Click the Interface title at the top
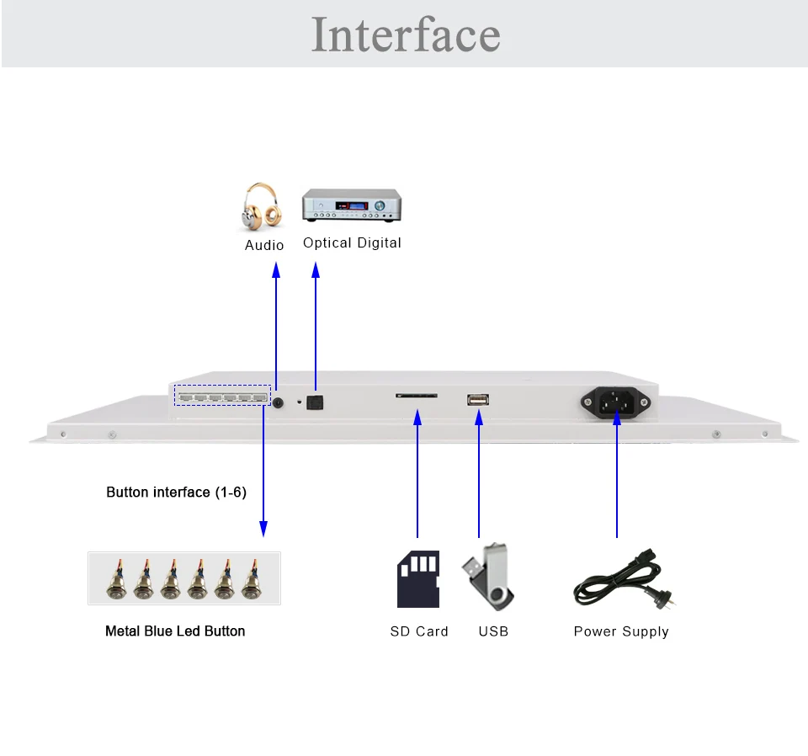tap(406, 35)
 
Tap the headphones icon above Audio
tap(263, 206)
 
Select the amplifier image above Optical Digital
tap(352, 205)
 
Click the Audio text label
tap(263, 245)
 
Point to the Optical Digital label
tap(352, 242)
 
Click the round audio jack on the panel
tap(279, 403)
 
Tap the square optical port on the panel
tap(315, 402)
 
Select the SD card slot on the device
tap(417, 396)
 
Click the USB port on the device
tap(478, 399)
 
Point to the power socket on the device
tap(615, 402)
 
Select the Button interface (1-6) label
tap(176, 492)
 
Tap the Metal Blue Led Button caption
tap(175, 631)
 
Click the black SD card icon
tap(418, 579)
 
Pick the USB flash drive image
tap(489, 576)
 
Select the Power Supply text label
tap(621, 631)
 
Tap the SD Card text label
tap(419, 631)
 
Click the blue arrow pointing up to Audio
tap(276, 326)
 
